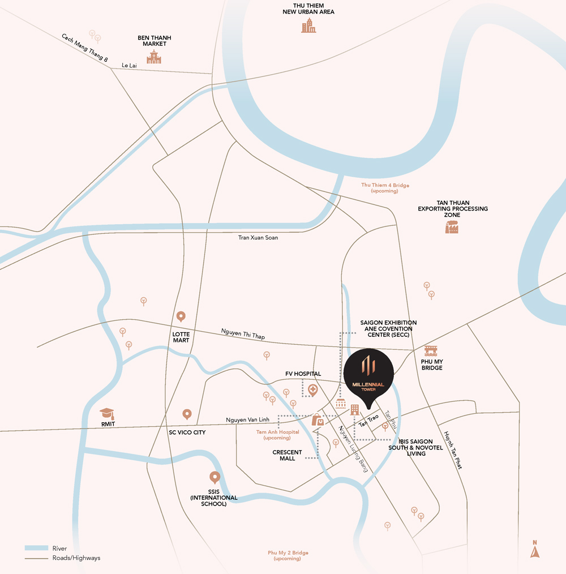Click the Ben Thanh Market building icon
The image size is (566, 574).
pos(154,57)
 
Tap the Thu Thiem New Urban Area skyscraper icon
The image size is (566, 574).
pos(308,25)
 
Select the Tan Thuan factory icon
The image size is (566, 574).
pos(452,226)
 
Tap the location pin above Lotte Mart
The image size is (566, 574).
pos(181,318)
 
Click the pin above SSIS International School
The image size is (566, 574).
pos(215,478)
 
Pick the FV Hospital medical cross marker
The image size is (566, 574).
pos(313,390)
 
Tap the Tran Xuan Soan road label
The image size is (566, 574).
pos(258,238)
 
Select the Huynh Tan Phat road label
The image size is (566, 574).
pos(453,451)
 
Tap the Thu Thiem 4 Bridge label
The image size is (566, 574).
pos(385,188)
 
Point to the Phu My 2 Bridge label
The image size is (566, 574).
pos(288,555)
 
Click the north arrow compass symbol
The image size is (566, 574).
pos(535,550)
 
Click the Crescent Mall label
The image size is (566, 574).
pos(287,455)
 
